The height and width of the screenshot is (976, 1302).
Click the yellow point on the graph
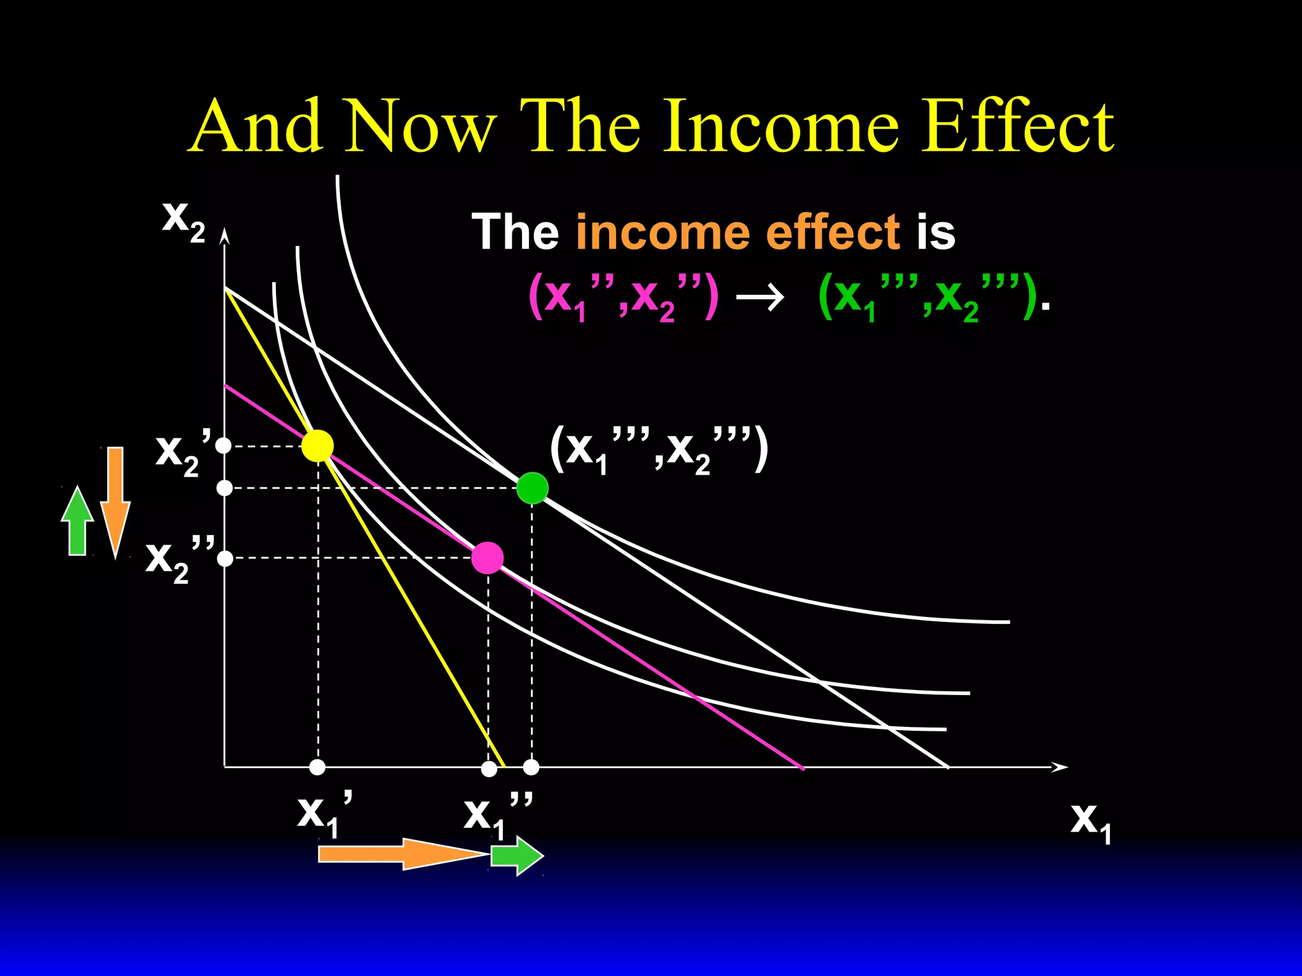tap(317, 445)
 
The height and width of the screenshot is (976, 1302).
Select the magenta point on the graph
tap(488, 558)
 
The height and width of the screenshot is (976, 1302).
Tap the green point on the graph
tap(532, 488)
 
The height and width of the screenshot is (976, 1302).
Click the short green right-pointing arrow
tap(517, 855)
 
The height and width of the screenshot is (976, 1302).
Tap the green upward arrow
tap(78, 521)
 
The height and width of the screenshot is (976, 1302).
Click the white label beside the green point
tap(659, 450)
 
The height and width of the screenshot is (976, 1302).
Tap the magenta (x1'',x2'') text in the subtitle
tap(623, 297)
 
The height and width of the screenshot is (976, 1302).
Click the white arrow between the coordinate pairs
tap(760, 297)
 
